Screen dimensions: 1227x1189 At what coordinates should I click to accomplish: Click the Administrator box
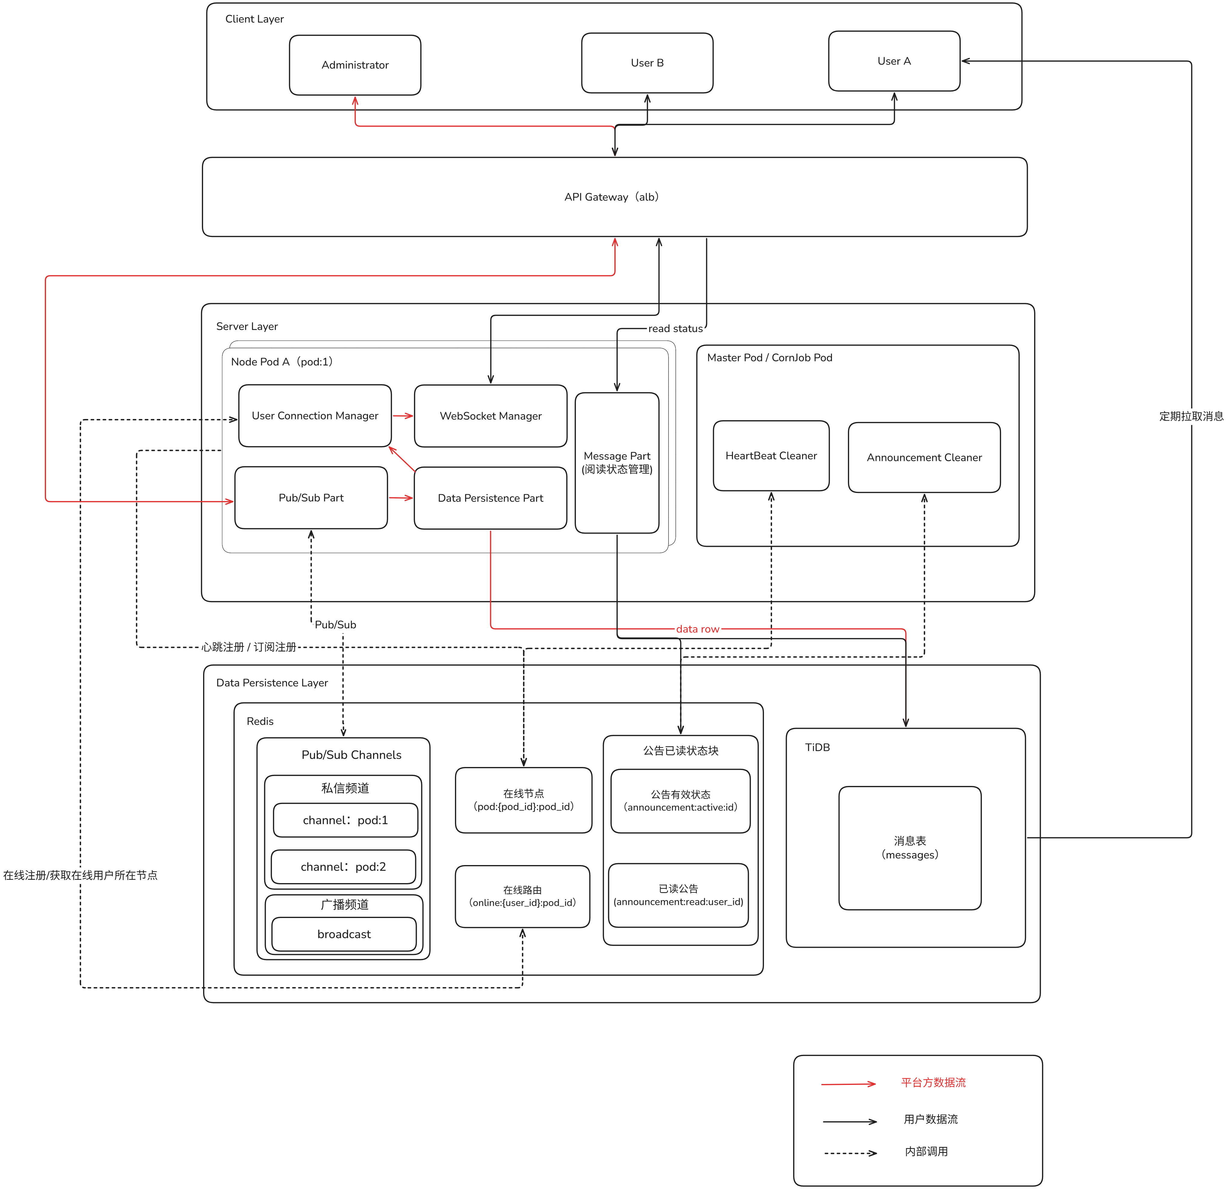pyautogui.click(x=355, y=65)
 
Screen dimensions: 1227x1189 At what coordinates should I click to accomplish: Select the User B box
pyautogui.click(x=647, y=63)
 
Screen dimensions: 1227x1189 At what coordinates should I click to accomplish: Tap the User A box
pyautogui.click(x=894, y=61)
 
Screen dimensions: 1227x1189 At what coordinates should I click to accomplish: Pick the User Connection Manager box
pyautogui.click(x=315, y=415)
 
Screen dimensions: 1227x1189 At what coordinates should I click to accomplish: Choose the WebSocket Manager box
pyautogui.click(x=491, y=415)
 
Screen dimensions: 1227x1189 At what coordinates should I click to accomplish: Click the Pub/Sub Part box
pyautogui.click(x=311, y=497)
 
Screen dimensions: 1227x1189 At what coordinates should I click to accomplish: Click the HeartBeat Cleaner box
pyautogui.click(x=771, y=456)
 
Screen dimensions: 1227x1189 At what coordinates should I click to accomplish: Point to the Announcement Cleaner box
pyautogui.click(x=924, y=457)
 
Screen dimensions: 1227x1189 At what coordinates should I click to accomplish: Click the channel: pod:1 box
pyautogui.click(x=345, y=820)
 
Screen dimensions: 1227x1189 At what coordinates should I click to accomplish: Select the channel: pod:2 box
pyautogui.click(x=343, y=867)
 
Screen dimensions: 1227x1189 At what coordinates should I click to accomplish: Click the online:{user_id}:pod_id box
pyautogui.click(x=523, y=896)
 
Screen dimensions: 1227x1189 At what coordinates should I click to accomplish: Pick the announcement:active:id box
pyautogui.click(x=681, y=801)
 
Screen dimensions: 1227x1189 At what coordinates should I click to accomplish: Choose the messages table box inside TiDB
pyautogui.click(x=910, y=848)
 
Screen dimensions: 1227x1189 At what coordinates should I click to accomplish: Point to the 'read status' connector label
pyautogui.click(x=675, y=328)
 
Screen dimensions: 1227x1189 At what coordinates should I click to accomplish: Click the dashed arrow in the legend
pyautogui.click(x=850, y=1153)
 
